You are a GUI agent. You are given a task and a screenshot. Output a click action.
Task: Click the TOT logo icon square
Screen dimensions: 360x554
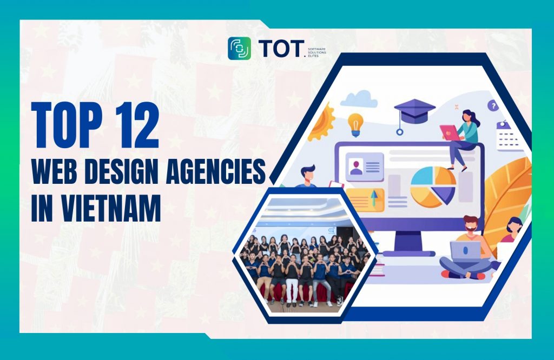tap(239, 48)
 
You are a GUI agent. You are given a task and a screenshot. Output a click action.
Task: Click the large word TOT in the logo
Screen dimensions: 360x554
tap(278, 49)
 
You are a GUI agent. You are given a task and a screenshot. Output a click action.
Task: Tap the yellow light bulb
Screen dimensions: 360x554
tap(355, 123)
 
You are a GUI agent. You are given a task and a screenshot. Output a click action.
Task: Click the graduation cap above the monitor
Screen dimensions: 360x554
tap(414, 111)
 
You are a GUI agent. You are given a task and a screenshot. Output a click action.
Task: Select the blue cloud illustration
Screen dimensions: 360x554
tap(359, 98)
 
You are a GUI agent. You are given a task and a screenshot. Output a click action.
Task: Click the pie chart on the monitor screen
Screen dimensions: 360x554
tap(433, 185)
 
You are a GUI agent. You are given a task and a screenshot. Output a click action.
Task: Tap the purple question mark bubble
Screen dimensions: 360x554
tap(492, 106)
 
